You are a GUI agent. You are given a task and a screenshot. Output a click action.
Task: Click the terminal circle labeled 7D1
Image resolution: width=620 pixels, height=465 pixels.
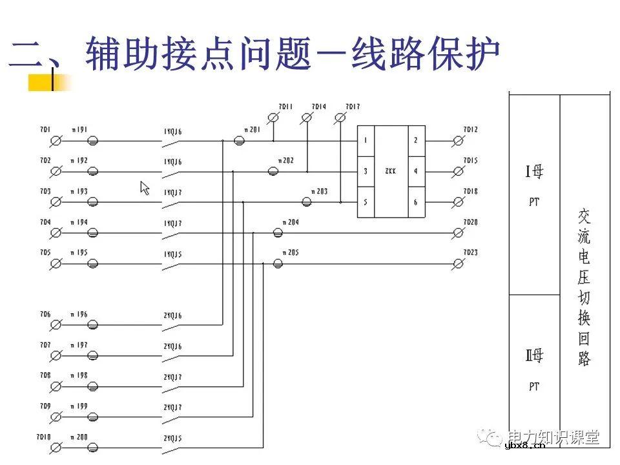(x=56, y=140)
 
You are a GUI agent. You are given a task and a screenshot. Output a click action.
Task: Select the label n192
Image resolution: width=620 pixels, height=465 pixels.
(x=79, y=160)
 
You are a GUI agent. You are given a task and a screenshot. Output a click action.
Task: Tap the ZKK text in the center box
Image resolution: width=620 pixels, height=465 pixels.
(x=390, y=171)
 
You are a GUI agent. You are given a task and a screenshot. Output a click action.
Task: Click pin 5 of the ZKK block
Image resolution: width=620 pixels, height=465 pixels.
(x=366, y=202)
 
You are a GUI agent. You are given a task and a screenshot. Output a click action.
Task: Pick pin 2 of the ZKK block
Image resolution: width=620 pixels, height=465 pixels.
(x=415, y=140)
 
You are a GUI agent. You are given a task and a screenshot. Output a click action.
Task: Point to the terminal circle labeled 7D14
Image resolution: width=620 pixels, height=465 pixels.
(x=307, y=117)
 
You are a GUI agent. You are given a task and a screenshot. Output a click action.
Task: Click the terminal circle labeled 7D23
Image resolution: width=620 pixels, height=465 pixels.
(x=459, y=263)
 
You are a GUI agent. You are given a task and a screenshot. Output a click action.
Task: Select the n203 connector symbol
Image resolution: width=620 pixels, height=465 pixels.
(x=307, y=201)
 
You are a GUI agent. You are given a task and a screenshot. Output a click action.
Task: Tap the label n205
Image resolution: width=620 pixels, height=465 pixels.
(x=290, y=253)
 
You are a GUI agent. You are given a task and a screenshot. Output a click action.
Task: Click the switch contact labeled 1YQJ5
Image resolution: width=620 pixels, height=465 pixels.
(x=172, y=264)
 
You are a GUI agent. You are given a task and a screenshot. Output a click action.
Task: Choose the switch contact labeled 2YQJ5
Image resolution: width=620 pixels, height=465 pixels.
(x=172, y=447)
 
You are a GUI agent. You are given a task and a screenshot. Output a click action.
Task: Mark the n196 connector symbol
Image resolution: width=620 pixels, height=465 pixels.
(x=93, y=324)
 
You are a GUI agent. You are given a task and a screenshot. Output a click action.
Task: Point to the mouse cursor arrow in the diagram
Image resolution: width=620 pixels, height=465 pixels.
(x=145, y=188)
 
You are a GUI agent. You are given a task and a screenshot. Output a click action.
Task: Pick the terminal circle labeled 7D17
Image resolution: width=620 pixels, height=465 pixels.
(x=341, y=117)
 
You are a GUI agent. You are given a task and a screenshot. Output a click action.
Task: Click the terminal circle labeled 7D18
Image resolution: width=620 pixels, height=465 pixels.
(x=459, y=202)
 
